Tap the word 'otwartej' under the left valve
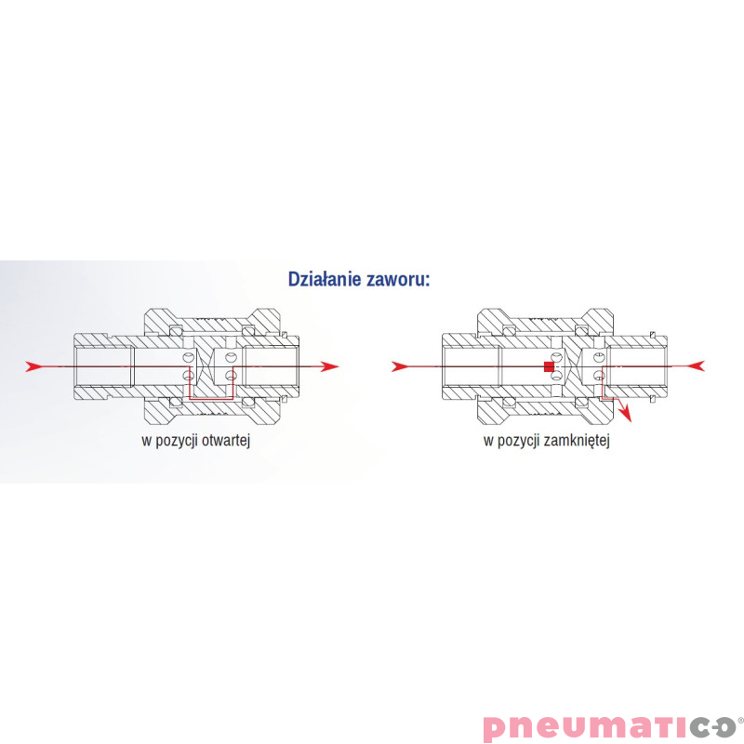pyautogui.click(x=227, y=441)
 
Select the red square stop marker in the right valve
pyautogui.click(x=549, y=367)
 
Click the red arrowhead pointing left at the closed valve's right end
pyautogui.click(x=697, y=366)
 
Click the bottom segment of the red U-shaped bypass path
pyautogui.click(x=209, y=400)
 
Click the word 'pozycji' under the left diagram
pyautogui.click(x=178, y=441)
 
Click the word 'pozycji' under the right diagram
pyautogui.click(x=518, y=441)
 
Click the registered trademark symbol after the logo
pyautogui.click(x=740, y=717)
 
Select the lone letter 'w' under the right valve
pyautogui.click(x=487, y=441)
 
